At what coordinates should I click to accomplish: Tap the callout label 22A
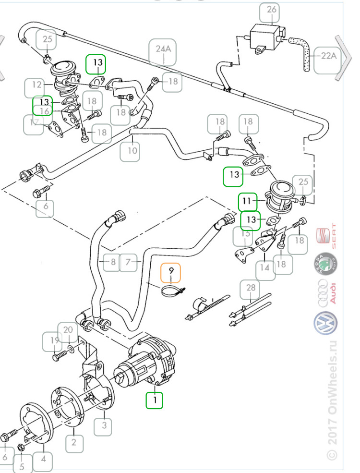328,56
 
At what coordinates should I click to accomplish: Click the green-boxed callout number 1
155,399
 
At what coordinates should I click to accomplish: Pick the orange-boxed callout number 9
170,272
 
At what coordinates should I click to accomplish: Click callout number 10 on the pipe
132,151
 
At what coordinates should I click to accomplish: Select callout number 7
128,262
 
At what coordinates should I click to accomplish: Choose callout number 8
112,262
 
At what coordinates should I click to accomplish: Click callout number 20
68,330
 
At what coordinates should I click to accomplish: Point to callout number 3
104,424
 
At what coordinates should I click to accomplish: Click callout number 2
73,441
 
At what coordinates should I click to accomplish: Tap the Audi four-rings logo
326,293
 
